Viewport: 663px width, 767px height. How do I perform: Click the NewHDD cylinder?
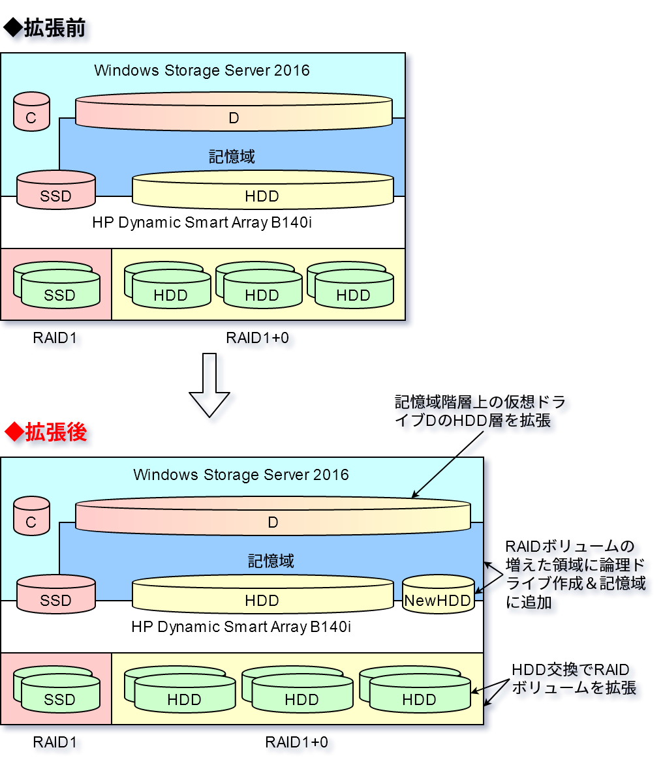click(438, 594)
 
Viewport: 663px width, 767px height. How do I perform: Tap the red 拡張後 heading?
click(46, 432)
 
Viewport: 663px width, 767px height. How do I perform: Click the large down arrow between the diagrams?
click(209, 385)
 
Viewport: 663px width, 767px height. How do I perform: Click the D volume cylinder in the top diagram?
click(234, 112)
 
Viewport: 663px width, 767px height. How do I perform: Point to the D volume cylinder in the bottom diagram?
click(273, 517)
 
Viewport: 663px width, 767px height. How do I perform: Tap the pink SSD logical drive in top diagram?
click(55, 190)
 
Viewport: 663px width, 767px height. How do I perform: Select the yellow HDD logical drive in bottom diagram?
click(262, 594)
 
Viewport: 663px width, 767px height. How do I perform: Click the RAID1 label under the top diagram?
click(55, 338)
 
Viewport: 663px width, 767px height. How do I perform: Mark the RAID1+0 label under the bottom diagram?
click(296, 742)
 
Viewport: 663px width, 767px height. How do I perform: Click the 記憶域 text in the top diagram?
click(232, 157)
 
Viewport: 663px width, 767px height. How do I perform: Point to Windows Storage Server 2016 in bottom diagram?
click(241, 475)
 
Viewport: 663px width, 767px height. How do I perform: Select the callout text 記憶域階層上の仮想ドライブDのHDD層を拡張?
click(480, 411)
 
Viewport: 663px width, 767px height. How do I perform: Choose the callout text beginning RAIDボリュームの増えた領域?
click(575, 573)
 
